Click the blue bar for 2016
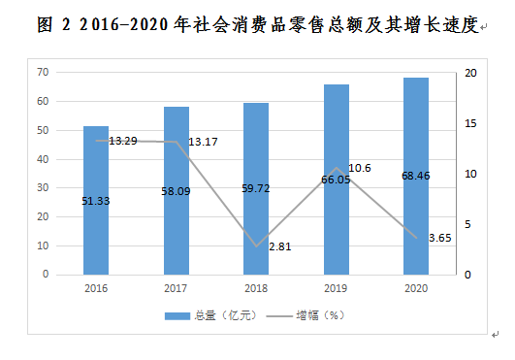(96, 200)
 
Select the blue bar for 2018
(256, 188)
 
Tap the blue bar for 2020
(416, 176)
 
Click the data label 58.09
(176, 191)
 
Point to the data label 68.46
(416, 176)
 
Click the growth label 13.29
(123, 141)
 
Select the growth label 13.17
(203, 142)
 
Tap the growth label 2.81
(280, 246)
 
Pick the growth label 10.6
(360, 168)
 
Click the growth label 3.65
(440, 238)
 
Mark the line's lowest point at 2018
(256, 246)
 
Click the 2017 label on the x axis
(176, 288)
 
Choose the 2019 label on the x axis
(336, 288)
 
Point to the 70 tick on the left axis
(43, 72)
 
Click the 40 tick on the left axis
(43, 159)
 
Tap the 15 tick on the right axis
(470, 123)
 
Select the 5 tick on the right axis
(467, 224)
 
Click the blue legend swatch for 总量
(177, 316)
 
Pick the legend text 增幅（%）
(321, 315)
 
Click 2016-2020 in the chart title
(124, 24)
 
